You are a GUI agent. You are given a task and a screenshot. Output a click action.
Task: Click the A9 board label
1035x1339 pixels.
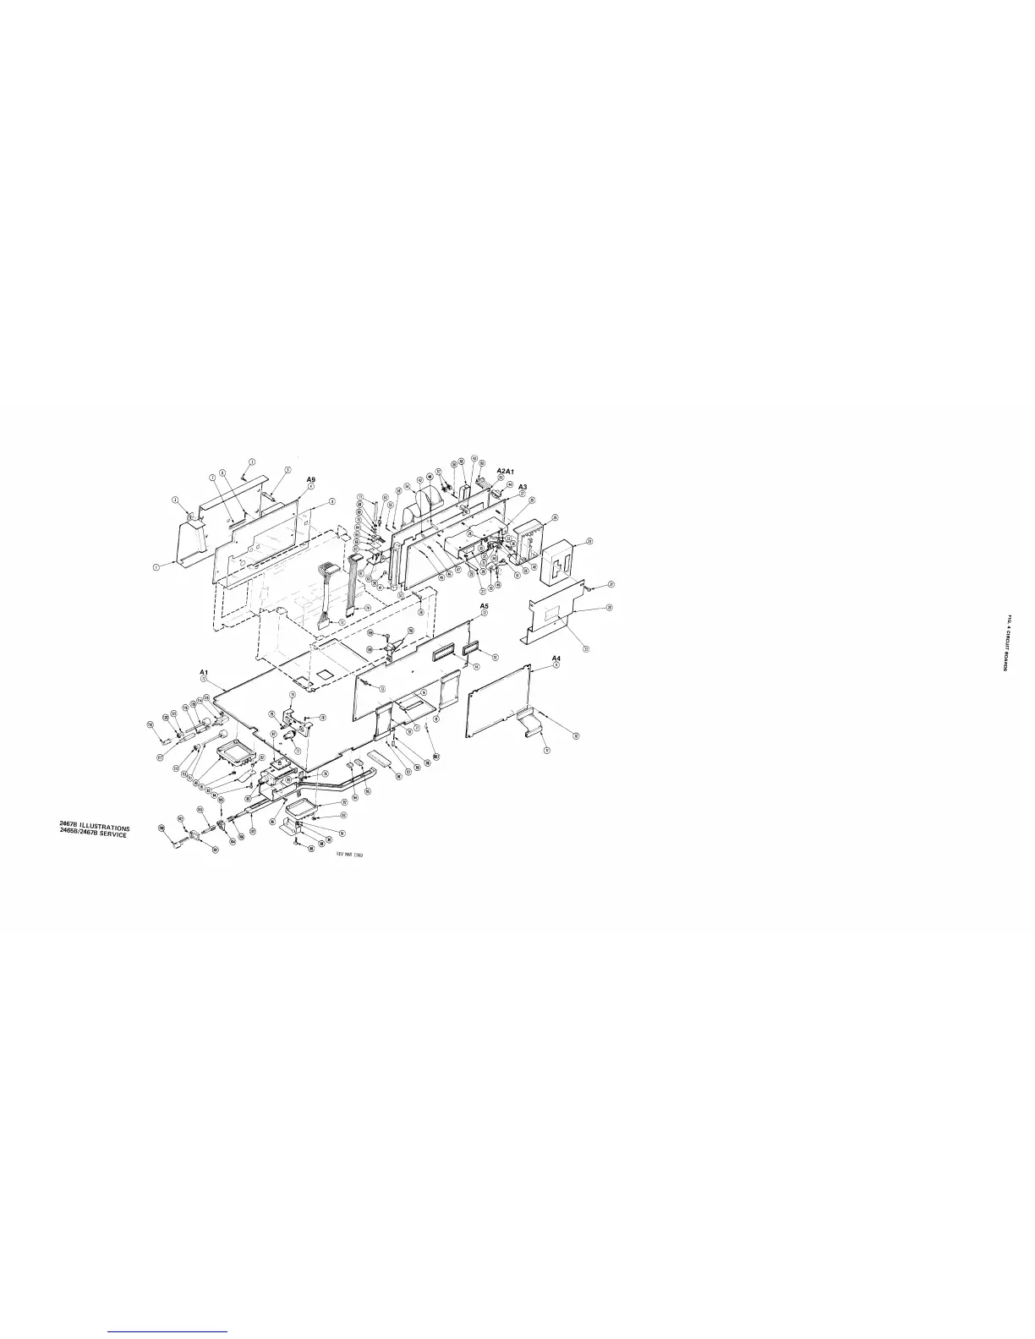[311, 478]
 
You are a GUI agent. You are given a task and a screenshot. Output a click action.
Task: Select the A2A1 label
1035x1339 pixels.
[501, 470]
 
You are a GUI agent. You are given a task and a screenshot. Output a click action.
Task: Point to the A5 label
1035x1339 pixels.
[485, 606]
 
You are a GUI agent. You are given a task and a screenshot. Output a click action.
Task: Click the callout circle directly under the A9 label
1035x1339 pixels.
[311, 487]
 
